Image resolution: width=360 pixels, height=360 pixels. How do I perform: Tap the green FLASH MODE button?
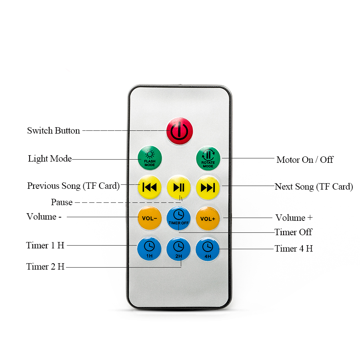[x=150, y=158]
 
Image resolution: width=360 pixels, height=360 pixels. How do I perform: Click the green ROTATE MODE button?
[x=208, y=158]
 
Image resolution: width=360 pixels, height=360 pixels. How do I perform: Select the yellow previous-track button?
[x=150, y=187]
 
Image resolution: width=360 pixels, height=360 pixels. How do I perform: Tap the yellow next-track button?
[x=208, y=188]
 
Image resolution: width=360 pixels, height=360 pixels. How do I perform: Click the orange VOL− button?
[x=150, y=218]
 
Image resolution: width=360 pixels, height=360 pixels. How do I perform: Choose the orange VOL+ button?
[x=208, y=218]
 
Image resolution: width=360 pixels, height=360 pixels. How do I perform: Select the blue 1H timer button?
[x=149, y=249]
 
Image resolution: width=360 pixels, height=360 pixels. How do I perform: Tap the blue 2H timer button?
[x=179, y=249]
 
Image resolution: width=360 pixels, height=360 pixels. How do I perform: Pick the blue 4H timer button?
[x=208, y=249]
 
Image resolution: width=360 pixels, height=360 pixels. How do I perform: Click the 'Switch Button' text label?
[x=54, y=130]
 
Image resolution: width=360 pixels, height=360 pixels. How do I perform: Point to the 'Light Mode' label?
[x=50, y=159]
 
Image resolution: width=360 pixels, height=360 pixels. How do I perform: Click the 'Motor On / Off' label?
[x=305, y=160]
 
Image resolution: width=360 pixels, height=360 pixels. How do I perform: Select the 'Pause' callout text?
[x=62, y=202]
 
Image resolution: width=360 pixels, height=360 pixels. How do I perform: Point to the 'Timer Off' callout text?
[x=293, y=232]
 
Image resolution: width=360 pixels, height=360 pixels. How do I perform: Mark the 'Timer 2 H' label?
[x=45, y=266]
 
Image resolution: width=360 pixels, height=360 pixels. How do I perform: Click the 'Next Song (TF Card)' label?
[x=314, y=187]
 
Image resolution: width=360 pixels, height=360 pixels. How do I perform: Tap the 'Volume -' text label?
[x=44, y=216]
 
